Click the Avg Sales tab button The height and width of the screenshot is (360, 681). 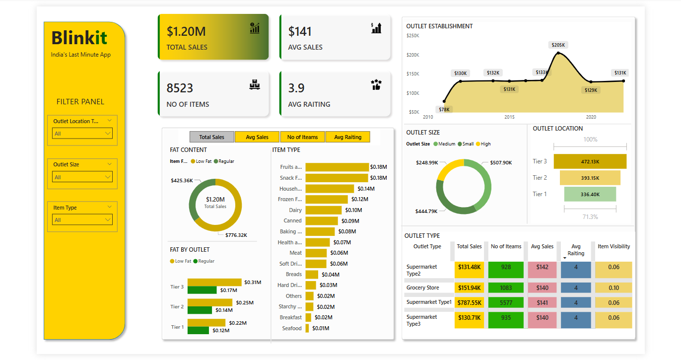[257, 137]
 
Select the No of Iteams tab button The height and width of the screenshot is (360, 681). [302, 137]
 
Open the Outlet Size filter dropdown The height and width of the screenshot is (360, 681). [82, 177]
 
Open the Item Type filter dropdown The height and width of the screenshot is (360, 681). [82, 220]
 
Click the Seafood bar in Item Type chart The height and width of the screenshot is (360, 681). [307, 328]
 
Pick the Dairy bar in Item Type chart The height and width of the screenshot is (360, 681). [324, 210]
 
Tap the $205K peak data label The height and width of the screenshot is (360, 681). [558, 45]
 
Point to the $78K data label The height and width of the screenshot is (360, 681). [444, 109]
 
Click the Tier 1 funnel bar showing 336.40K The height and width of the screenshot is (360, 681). [590, 194]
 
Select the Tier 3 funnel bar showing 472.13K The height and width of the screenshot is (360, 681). [590, 161]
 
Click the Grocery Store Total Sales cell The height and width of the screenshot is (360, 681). [469, 288]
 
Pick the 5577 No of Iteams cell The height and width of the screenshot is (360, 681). [506, 302]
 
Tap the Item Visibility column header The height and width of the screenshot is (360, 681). [614, 246]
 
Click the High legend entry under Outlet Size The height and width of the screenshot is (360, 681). [483, 144]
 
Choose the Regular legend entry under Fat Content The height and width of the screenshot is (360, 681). [224, 161]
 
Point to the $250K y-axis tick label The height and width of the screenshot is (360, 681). [412, 36]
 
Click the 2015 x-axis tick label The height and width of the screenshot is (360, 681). [510, 117]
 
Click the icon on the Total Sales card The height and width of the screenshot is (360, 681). [255, 28]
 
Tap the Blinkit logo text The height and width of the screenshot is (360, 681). [79, 38]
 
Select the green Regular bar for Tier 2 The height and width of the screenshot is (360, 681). [200, 310]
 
